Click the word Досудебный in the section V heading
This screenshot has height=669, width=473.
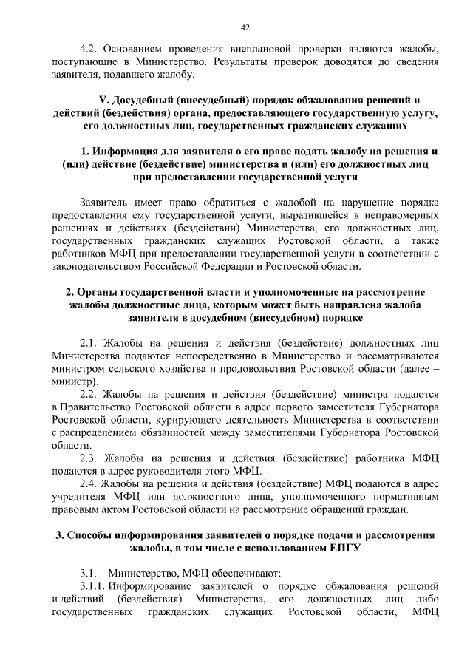(146, 99)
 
